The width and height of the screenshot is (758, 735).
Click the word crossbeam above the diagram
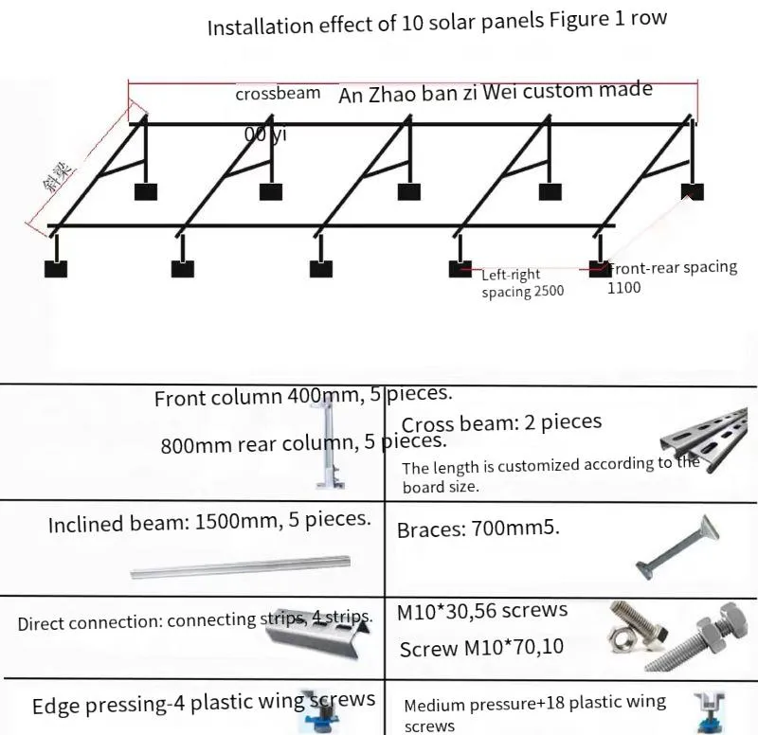point(278,95)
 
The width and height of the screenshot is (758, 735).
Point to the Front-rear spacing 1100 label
point(672,277)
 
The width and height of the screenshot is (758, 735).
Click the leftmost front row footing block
point(56,268)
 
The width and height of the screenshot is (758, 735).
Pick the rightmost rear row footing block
point(693,192)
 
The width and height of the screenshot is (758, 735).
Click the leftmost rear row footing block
point(145,192)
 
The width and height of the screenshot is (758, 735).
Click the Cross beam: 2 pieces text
point(501,423)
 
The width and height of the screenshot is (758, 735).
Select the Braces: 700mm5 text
point(478,529)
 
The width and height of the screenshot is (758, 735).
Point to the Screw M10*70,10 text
point(481,649)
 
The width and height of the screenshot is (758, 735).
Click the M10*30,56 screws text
point(481,612)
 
